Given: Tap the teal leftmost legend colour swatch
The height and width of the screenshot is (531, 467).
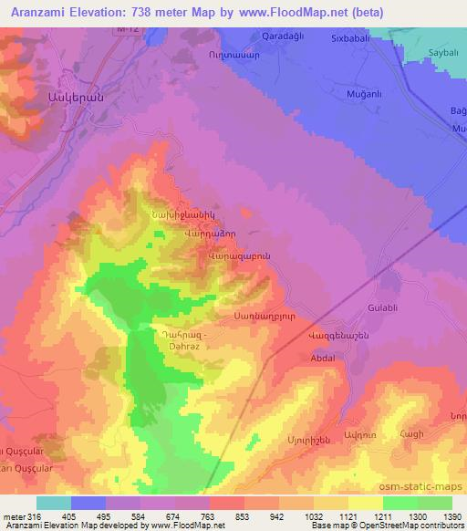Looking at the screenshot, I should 54,503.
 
